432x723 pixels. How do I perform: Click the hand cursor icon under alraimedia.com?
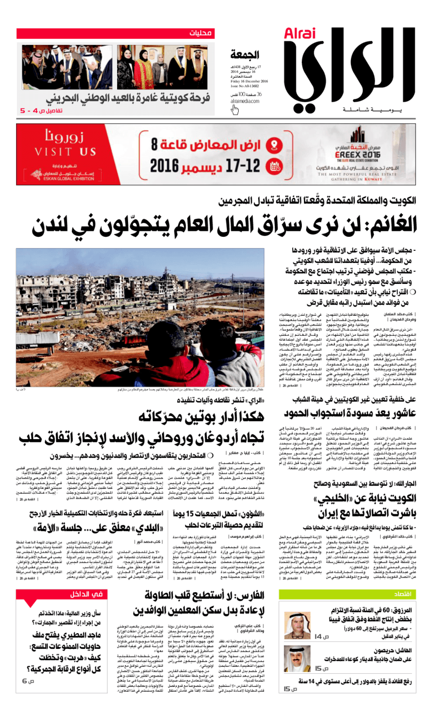pyautogui.click(x=235, y=110)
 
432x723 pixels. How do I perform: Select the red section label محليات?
pyautogui.click(x=201, y=34)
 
